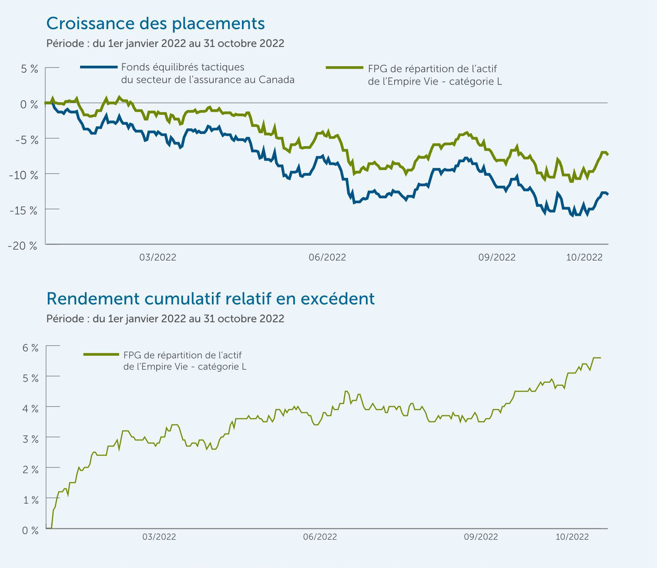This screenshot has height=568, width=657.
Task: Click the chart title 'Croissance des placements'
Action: [155, 23]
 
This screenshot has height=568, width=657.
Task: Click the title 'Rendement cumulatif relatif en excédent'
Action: [210, 299]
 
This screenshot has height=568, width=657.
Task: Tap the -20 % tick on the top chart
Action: [23, 245]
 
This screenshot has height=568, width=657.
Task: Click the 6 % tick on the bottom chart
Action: [30, 348]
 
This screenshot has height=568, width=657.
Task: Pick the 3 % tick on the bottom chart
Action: [30, 439]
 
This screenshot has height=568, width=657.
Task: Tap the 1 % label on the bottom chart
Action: [30, 500]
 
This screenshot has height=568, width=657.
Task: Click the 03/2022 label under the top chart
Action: [158, 257]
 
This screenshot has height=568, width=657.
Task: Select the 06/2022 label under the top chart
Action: [327, 257]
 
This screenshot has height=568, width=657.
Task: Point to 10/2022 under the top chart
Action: [584, 257]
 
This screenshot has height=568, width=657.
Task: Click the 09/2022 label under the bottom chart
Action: [481, 537]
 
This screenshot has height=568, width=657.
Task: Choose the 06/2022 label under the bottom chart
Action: [320, 537]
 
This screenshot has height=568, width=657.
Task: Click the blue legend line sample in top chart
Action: [99, 67]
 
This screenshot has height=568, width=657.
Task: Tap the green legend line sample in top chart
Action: [344, 68]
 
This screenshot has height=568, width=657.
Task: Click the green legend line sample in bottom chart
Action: [101, 354]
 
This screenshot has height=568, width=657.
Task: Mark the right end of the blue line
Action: [607, 194]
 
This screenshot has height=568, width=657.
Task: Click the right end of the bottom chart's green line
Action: [600, 358]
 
